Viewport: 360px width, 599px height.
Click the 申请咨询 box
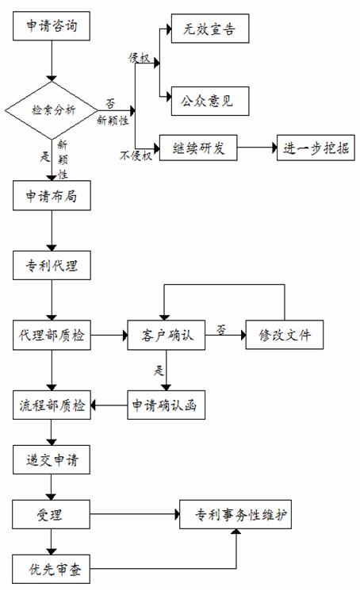[52, 26]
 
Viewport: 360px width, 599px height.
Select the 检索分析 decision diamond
[52, 110]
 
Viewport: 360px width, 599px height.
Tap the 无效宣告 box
[210, 29]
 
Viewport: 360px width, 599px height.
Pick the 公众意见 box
[210, 101]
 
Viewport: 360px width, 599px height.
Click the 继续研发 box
[198, 148]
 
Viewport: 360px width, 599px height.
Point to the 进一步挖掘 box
[316, 148]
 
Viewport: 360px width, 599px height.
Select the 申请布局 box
[52, 196]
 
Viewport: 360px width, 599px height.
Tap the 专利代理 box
[52, 265]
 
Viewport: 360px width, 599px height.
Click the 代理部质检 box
[52, 335]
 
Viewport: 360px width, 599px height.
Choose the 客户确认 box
[166, 335]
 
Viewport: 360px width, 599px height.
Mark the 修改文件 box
[285, 335]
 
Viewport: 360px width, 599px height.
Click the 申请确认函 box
[166, 405]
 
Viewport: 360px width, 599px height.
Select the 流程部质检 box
[52, 405]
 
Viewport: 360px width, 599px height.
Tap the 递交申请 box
[52, 459]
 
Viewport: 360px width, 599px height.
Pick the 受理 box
[52, 514]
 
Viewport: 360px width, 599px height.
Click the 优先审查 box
[52, 569]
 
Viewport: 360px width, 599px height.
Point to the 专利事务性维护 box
[236, 514]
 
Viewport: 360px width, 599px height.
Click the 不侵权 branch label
[136, 156]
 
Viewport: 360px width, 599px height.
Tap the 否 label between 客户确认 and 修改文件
[221, 329]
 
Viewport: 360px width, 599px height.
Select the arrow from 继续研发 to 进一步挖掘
[257, 148]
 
